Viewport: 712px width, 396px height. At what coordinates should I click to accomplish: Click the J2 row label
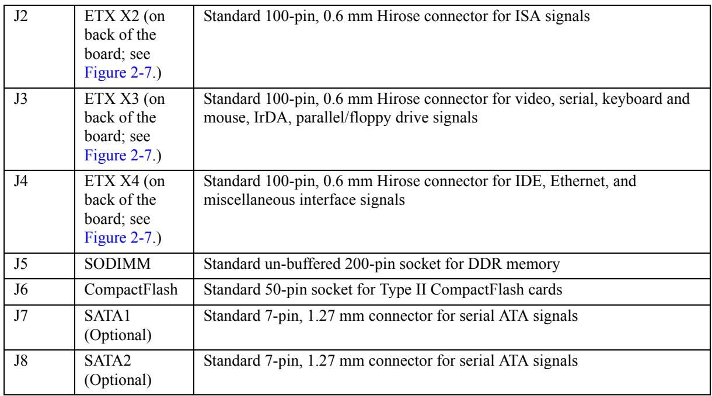pos(20,16)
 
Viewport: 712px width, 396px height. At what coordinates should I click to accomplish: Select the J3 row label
pos(20,99)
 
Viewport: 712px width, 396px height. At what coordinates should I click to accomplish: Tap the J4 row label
pos(20,181)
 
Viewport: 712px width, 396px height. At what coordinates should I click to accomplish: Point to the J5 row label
pos(20,264)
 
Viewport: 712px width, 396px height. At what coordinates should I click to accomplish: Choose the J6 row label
pos(20,290)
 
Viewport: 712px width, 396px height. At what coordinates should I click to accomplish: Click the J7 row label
pos(20,316)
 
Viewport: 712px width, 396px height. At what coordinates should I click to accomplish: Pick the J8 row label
pos(20,361)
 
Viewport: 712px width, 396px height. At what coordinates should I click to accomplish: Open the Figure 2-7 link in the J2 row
pos(118,72)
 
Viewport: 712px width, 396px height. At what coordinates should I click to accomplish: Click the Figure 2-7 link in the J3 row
pos(118,155)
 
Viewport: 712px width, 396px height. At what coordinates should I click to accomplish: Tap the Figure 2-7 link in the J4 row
pos(118,237)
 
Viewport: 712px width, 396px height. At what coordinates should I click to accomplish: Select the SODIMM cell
pos(117,264)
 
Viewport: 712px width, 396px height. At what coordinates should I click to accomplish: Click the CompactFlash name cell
pos(131,290)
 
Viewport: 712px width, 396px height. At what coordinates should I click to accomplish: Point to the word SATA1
pos(107,316)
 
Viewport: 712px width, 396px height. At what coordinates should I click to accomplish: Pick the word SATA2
pos(107,361)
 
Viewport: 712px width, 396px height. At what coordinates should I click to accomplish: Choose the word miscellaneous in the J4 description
pos(249,200)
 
